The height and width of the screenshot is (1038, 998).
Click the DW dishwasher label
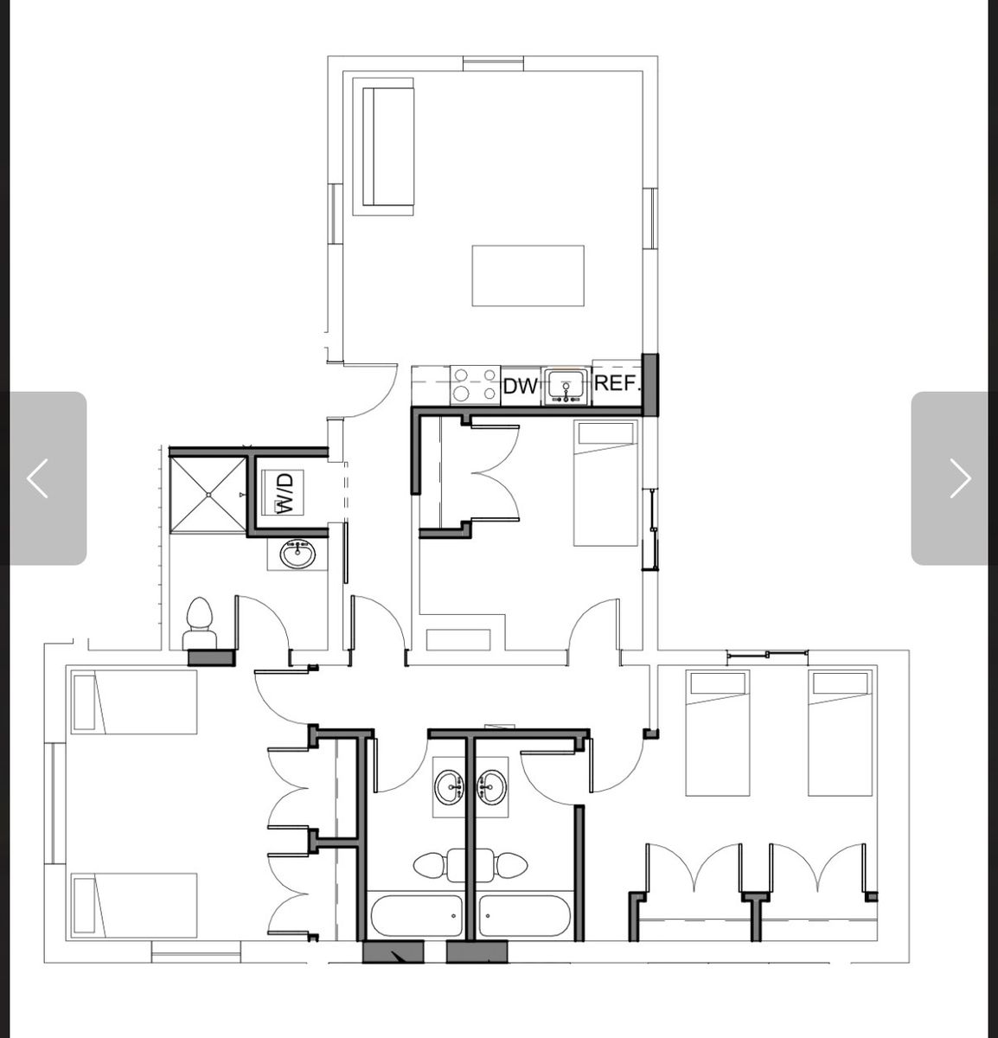click(520, 386)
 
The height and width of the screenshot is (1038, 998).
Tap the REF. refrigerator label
click(616, 382)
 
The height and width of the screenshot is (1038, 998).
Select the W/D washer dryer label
click(285, 493)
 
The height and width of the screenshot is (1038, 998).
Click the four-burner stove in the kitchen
click(476, 385)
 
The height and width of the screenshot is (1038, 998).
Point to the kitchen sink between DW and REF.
click(566, 386)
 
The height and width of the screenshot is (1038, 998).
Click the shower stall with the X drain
click(208, 495)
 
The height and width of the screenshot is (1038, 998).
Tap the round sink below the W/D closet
click(297, 554)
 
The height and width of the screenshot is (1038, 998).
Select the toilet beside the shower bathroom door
click(200, 623)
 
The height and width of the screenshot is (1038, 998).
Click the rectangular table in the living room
click(528, 276)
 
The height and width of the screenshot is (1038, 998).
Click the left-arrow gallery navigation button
click(48, 478)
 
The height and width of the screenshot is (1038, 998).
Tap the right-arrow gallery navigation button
click(950, 478)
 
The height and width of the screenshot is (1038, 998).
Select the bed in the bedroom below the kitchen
click(605, 484)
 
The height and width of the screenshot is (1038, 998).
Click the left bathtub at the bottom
click(417, 916)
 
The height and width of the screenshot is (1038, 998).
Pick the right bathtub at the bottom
click(524, 916)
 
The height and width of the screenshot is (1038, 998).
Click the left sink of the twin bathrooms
click(449, 787)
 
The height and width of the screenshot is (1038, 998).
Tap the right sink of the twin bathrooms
click(491, 787)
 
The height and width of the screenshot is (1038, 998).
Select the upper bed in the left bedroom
click(134, 702)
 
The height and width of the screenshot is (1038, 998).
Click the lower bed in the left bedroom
click(134, 905)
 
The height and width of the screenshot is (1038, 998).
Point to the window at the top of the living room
click(493, 63)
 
